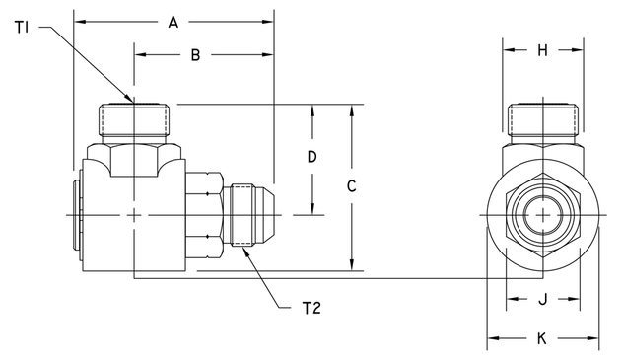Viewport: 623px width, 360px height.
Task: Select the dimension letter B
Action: click(195, 56)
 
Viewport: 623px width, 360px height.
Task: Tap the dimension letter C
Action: click(351, 185)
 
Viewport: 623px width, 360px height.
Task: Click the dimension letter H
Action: click(542, 51)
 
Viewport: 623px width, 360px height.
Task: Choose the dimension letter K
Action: click(542, 338)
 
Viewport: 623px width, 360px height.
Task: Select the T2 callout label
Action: click(311, 308)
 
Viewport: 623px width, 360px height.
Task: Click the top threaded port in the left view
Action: click(138, 121)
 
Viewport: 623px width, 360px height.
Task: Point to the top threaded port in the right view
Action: click(542, 119)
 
